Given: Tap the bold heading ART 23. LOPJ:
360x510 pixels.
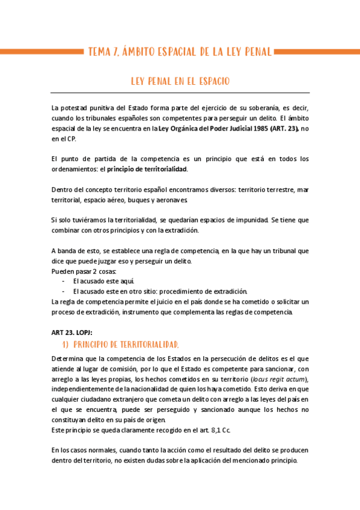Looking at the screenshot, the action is pos(72,333).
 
